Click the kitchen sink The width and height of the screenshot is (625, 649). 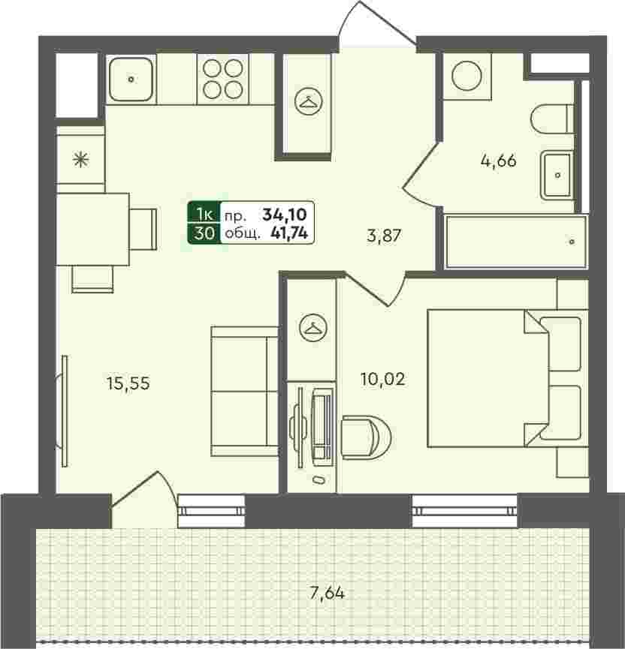131,79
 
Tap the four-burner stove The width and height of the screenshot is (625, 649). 223,79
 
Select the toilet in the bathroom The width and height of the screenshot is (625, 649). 552,119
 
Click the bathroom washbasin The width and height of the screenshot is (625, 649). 557,176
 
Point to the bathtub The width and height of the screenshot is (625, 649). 516,242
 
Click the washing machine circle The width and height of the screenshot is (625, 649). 466,76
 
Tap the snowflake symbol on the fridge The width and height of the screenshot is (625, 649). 81,159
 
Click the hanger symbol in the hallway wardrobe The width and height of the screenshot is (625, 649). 308,101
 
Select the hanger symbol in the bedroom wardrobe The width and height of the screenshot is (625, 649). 313,327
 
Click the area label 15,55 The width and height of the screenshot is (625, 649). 128,383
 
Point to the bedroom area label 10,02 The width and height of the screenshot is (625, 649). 382,379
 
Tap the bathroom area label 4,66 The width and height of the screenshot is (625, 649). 498,161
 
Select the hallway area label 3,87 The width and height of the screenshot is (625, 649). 384,236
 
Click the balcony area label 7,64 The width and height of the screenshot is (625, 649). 328,593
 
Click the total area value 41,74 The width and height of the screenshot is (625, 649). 289,234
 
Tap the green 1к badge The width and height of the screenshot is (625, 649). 204,214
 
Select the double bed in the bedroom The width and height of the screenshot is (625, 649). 508,378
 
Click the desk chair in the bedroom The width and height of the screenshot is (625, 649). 367,437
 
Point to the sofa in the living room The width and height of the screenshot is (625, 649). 244,392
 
